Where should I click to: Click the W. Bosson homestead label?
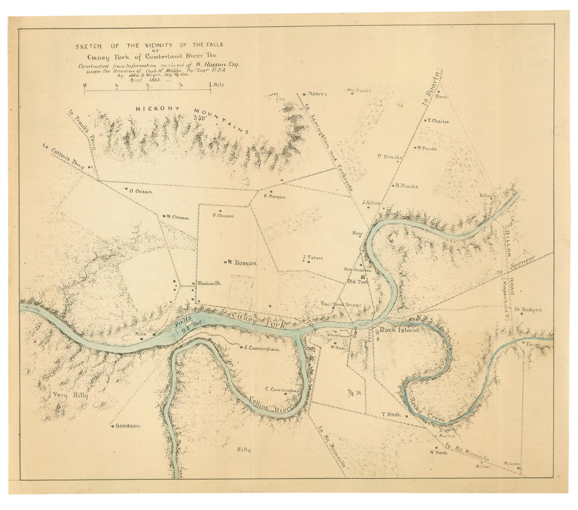click(242, 263)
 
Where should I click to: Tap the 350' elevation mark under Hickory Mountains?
click(200, 118)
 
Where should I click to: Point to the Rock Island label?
click(399, 330)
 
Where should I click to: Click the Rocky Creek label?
click(428, 411)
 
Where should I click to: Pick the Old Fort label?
click(357, 281)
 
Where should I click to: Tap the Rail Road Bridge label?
click(341, 304)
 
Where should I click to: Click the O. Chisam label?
click(140, 191)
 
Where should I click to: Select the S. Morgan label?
click(274, 197)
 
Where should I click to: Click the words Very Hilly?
click(69, 394)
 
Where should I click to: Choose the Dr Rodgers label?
click(528, 310)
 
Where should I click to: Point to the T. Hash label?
click(391, 414)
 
